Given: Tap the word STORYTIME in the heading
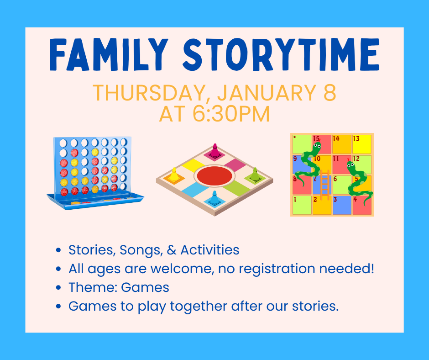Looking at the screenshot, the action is tap(281, 54).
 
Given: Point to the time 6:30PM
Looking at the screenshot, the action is tap(231, 114).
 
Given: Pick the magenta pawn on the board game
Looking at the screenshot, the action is tap(215, 150).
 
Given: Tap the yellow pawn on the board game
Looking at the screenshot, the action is tap(174, 175).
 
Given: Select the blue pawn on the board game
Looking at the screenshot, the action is tap(214, 198).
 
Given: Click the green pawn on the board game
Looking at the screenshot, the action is tap(255, 175).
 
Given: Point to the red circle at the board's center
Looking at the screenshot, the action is tap(214, 175).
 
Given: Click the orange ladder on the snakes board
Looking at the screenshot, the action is tap(325, 185).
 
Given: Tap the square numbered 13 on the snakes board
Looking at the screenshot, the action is tap(362, 144).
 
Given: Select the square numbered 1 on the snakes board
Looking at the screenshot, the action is tap(302, 205).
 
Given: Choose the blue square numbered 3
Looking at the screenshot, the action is tap(342, 205).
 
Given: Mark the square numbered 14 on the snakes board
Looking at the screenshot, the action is tap(342, 144).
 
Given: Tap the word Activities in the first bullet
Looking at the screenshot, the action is tap(210, 250).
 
